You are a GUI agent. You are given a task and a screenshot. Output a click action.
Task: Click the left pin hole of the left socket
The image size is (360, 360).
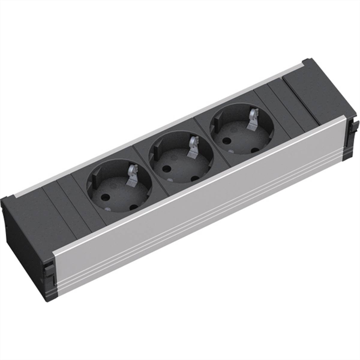(x=106, y=198)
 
